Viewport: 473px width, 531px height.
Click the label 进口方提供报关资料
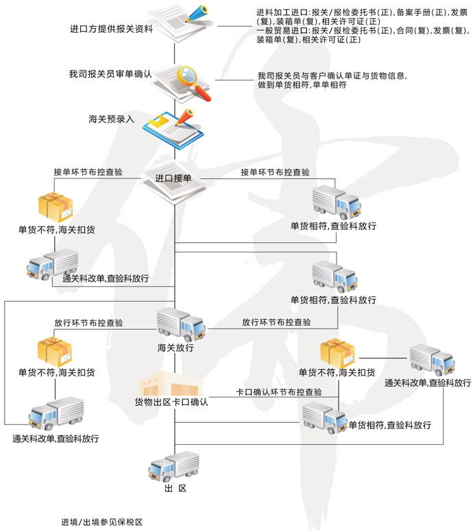coord(110,30)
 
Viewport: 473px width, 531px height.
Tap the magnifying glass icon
coord(190,79)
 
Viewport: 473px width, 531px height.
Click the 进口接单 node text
coord(173,179)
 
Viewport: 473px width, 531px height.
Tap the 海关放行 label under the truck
coord(175,348)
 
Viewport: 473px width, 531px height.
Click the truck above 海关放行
coord(180,323)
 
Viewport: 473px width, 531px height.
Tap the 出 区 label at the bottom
coord(175,489)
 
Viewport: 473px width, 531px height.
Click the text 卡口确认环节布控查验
coord(278,393)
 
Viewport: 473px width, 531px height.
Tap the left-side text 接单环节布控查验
coord(88,172)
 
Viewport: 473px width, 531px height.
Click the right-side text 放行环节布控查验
coord(276,322)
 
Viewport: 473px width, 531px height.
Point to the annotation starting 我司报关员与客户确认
coord(337,81)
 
